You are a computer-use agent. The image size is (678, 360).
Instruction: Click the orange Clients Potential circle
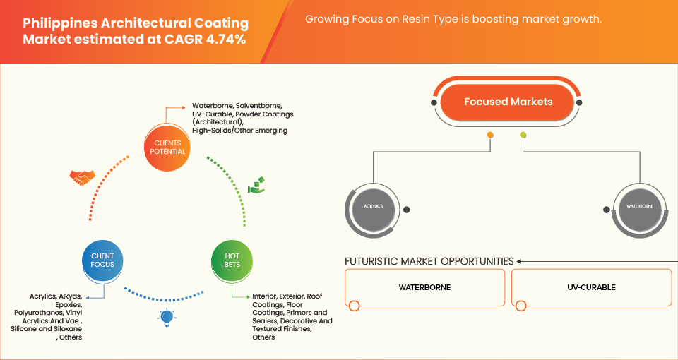click(169, 147)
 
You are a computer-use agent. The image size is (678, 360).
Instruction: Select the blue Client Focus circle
click(102, 259)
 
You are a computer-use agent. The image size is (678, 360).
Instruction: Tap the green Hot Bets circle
click(232, 259)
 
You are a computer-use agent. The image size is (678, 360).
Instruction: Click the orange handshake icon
click(83, 178)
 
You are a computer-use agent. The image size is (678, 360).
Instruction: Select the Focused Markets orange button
click(508, 102)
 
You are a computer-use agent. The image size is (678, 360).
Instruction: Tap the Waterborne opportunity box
click(424, 288)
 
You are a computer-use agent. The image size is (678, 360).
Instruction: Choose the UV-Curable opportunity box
click(590, 288)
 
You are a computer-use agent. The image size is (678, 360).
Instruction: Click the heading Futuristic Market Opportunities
click(429, 261)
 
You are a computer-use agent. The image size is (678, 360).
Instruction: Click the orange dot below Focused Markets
click(490, 135)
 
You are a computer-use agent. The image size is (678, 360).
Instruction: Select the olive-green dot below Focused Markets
click(523, 135)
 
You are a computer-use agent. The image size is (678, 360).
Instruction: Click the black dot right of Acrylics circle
click(406, 210)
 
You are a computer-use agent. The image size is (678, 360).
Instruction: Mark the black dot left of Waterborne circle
click(607, 210)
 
